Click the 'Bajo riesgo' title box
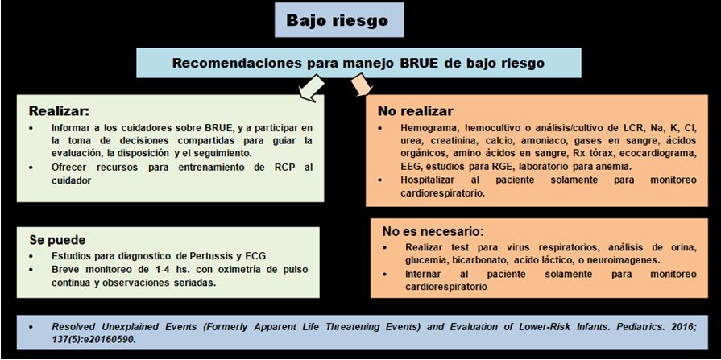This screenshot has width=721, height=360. [339, 20]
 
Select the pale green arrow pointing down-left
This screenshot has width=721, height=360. [311, 87]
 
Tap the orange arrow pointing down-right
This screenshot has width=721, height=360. [362, 86]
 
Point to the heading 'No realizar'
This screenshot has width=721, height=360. [415, 112]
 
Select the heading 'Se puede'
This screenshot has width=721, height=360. [57, 240]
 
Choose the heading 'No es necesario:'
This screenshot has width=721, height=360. [433, 230]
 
